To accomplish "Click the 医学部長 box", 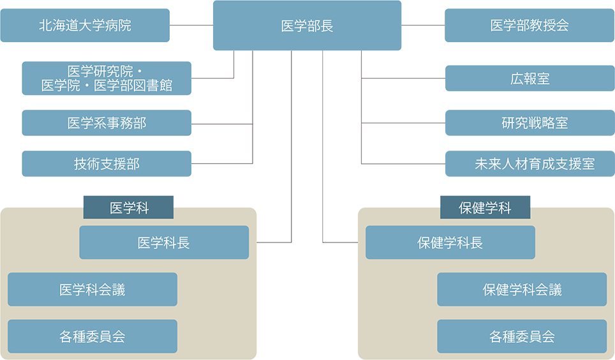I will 307,26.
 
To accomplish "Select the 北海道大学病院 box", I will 85,26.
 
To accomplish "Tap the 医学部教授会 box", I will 530,26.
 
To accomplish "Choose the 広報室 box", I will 530,79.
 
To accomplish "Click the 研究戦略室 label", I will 535,123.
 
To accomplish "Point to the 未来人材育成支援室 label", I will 535,164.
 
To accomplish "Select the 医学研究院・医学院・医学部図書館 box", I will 107,78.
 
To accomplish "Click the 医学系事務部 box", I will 107,123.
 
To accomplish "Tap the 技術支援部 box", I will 107,164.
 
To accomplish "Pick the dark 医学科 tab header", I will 129,208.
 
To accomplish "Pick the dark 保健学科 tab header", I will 485,208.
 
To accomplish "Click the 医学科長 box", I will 164,243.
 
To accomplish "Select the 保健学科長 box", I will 450,243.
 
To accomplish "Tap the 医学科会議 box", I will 93,290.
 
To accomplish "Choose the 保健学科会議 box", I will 522,290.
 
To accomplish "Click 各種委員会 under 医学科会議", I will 93,336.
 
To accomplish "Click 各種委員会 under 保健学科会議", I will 522,336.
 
